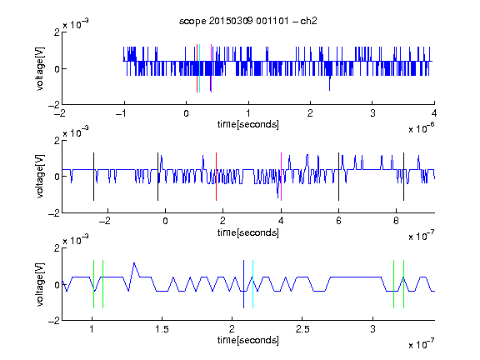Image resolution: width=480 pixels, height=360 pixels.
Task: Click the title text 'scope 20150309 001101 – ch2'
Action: click(x=248, y=21)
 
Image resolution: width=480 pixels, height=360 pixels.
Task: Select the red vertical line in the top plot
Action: click(x=197, y=68)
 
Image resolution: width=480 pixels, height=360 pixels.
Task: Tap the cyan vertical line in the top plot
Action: click(x=200, y=68)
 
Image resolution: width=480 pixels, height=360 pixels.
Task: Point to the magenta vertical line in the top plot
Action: click(x=211, y=68)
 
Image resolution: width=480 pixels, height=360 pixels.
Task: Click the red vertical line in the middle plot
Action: click(x=216, y=177)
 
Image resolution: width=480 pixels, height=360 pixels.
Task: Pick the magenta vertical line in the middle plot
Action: click(x=281, y=177)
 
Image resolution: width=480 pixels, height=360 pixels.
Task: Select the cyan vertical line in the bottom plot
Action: click(x=252, y=284)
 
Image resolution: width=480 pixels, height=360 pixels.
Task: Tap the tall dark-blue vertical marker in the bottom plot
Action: click(x=243, y=284)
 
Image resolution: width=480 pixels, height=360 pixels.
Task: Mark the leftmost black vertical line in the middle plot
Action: click(x=93, y=177)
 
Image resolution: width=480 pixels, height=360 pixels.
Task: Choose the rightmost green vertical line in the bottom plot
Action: click(x=404, y=284)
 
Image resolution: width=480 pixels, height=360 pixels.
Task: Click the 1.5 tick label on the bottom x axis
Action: click(x=162, y=329)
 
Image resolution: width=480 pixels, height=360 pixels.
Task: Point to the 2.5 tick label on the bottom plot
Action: click(x=302, y=329)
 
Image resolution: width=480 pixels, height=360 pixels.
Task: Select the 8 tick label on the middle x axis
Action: click(x=396, y=221)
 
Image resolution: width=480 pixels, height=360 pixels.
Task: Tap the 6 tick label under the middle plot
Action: click(x=338, y=221)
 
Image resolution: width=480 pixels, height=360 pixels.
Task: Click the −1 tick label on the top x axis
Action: click(x=121, y=113)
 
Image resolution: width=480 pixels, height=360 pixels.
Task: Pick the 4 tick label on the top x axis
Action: click(x=434, y=113)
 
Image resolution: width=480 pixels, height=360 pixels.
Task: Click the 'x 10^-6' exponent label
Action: click(x=422, y=128)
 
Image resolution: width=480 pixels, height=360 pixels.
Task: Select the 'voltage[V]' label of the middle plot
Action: click(x=40, y=177)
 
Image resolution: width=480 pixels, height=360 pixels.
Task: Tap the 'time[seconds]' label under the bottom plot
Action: click(x=248, y=340)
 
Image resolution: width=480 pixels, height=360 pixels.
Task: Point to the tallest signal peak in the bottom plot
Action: click(x=134, y=263)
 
